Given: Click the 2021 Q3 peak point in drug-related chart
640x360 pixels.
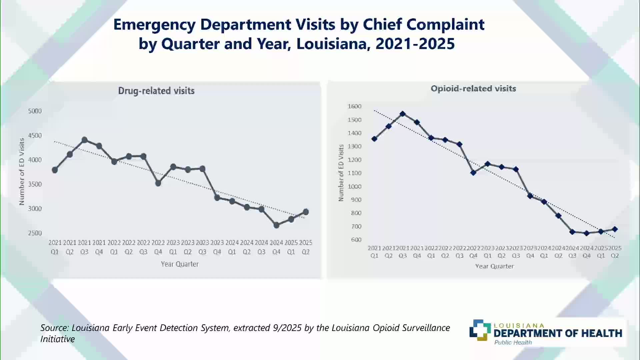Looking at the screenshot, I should [x=84, y=140].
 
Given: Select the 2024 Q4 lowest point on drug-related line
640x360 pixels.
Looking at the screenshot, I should [x=276, y=225].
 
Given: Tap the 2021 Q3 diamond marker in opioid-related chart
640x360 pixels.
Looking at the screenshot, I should [x=403, y=114].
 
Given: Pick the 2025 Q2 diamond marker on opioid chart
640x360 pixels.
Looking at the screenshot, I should [x=615, y=229].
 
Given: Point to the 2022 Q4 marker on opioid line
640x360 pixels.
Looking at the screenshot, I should [x=473, y=173].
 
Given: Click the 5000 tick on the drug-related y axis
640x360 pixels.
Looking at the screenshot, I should [x=35, y=111].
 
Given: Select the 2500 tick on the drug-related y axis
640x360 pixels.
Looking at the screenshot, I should [x=35, y=233].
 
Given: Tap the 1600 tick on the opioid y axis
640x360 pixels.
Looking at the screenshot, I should [x=354, y=106].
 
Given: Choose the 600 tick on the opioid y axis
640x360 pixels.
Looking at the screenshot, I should [x=356, y=240].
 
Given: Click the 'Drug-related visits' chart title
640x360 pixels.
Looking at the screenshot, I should [x=156, y=91].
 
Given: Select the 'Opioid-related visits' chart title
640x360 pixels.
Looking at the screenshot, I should [x=473, y=89].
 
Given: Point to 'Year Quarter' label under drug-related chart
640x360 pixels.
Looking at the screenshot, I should [x=180, y=264].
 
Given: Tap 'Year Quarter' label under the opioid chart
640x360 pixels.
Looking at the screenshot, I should [x=494, y=266].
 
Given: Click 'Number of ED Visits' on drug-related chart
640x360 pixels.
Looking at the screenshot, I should [x=22, y=171].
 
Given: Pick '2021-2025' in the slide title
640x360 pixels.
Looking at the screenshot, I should [x=415, y=44].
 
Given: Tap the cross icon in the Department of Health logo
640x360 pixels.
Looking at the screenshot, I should [x=480, y=330].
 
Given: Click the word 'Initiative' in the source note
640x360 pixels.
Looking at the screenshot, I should [x=58, y=339].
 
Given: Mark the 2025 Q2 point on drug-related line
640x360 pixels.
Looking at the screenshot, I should [x=306, y=212].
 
